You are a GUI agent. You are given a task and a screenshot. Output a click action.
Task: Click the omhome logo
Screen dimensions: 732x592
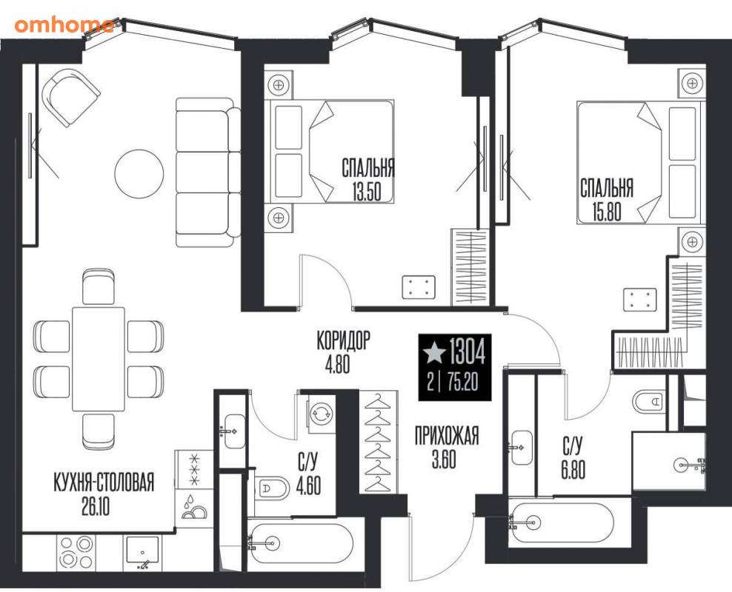64,24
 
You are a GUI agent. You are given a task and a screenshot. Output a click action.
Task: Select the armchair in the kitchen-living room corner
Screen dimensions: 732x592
71,98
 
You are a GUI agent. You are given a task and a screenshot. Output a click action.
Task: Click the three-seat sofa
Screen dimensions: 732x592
207,172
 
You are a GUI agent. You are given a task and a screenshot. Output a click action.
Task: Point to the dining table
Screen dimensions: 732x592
98,358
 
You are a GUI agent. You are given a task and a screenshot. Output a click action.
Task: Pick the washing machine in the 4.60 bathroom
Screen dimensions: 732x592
321,412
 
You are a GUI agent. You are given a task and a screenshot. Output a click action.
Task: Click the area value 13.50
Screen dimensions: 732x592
367,192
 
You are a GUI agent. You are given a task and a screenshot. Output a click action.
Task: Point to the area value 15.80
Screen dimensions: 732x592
607,212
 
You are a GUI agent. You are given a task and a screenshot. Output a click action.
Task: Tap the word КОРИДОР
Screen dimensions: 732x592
343,340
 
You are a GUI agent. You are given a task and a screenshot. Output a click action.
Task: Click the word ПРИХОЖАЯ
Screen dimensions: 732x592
447,437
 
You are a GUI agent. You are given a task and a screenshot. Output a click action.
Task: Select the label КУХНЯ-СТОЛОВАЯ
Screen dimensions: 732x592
104,483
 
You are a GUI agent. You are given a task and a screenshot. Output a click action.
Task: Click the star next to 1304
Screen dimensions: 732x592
433,352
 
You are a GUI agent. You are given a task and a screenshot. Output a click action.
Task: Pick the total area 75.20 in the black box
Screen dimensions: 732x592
462,383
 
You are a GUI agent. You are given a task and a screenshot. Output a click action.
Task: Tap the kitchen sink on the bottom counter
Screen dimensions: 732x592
142,553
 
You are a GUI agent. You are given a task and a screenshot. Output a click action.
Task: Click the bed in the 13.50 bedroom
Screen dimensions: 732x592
329,152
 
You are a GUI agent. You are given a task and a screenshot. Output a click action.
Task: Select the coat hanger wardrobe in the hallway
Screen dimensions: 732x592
379,441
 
